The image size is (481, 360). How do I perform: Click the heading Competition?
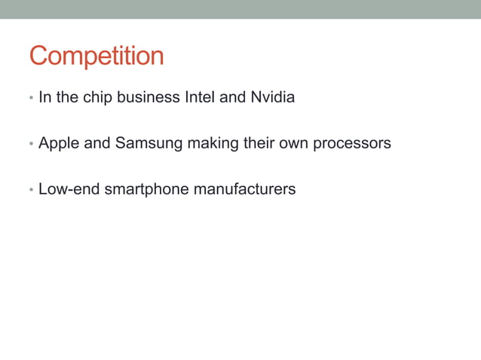[x=97, y=56]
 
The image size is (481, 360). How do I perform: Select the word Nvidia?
[x=272, y=98]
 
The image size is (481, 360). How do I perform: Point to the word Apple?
[x=59, y=143]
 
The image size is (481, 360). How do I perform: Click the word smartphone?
[x=146, y=189]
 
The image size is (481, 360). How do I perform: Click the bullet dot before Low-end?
[x=31, y=190]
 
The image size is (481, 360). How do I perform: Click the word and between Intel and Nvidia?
[x=232, y=98]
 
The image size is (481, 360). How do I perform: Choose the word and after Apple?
[x=97, y=143]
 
